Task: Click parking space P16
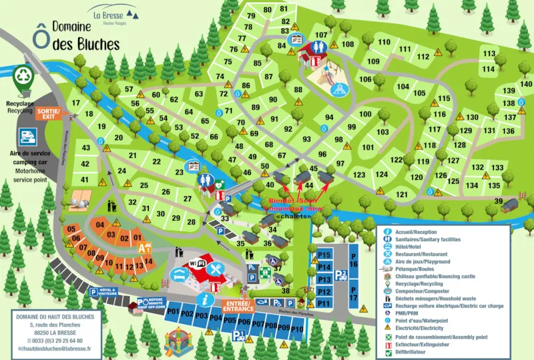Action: point(354,265)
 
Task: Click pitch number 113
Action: point(489,54)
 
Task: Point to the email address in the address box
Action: point(56,349)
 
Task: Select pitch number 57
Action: point(129,89)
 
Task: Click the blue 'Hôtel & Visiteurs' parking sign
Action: point(106,292)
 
